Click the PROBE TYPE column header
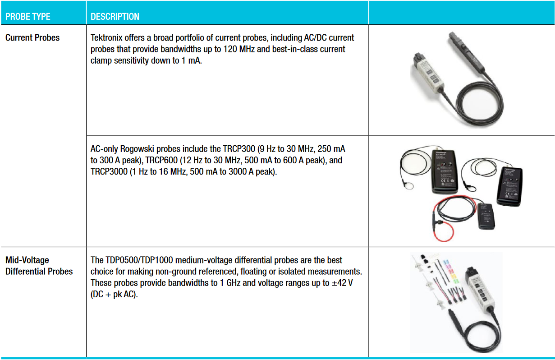coord(28,17)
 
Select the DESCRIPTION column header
coord(115,17)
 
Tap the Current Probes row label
coord(32,38)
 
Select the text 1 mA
coord(190,60)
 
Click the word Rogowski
coord(138,149)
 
